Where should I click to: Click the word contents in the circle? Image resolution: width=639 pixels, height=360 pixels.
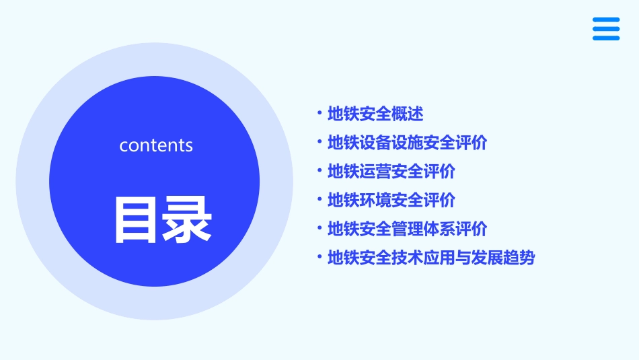[156, 145]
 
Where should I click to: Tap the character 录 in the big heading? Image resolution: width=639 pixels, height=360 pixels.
[187, 219]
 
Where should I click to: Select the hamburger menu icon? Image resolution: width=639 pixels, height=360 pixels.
[606, 29]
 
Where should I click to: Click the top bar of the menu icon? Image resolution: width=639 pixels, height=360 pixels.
[606, 20]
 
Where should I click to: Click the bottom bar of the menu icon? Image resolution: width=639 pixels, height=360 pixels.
[606, 38]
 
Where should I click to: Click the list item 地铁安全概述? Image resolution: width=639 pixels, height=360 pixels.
[375, 114]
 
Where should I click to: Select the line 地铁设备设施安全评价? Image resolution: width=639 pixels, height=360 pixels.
[407, 143]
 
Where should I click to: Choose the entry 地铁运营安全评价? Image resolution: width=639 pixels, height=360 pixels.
[391, 172]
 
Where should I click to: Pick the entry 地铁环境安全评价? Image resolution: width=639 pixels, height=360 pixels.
[391, 201]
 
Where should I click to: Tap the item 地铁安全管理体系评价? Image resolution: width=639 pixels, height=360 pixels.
[407, 229]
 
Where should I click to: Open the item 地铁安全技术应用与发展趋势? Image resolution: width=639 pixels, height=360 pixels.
[430, 258]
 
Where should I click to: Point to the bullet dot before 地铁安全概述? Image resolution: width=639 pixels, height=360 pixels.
[319, 114]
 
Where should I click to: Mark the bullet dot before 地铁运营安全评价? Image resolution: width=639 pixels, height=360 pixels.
[319, 172]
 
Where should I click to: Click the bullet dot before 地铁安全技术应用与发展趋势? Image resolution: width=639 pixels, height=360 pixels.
[319, 258]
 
